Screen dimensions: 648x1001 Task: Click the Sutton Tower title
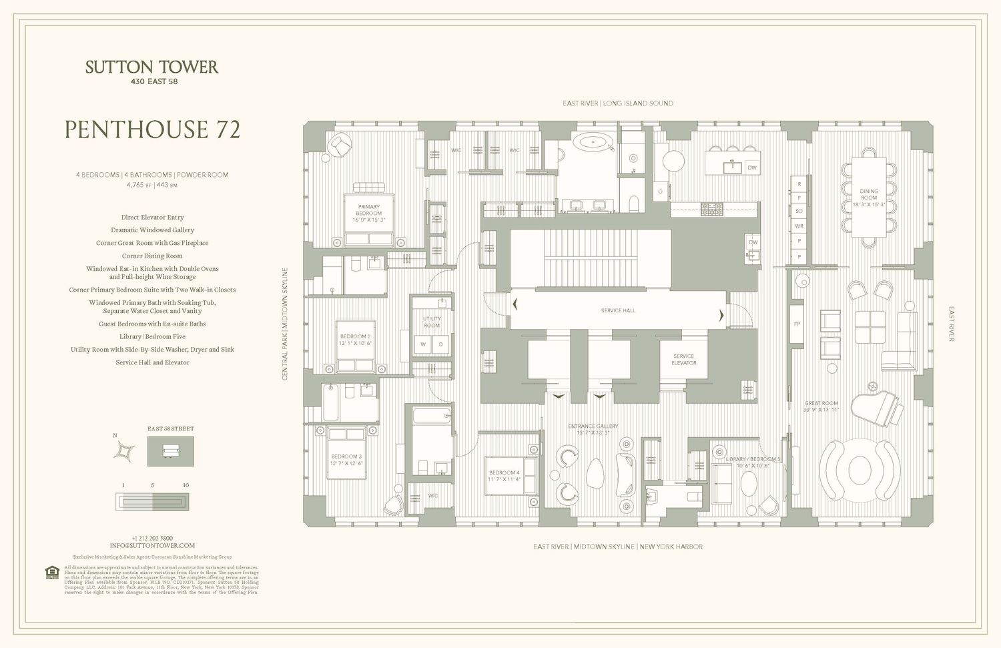[x=152, y=67]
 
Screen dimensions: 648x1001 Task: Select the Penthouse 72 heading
[x=152, y=129]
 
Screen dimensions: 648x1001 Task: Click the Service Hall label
[x=618, y=310]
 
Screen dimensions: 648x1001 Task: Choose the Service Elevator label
[x=684, y=359]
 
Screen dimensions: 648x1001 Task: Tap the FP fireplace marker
[x=797, y=324]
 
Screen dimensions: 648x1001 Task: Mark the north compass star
[x=125, y=452]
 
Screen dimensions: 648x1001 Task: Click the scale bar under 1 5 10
[x=153, y=501]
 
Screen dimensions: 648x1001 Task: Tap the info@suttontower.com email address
[x=152, y=545]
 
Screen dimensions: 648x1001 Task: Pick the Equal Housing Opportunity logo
[x=51, y=573]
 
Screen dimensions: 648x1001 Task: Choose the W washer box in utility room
[x=422, y=344]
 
